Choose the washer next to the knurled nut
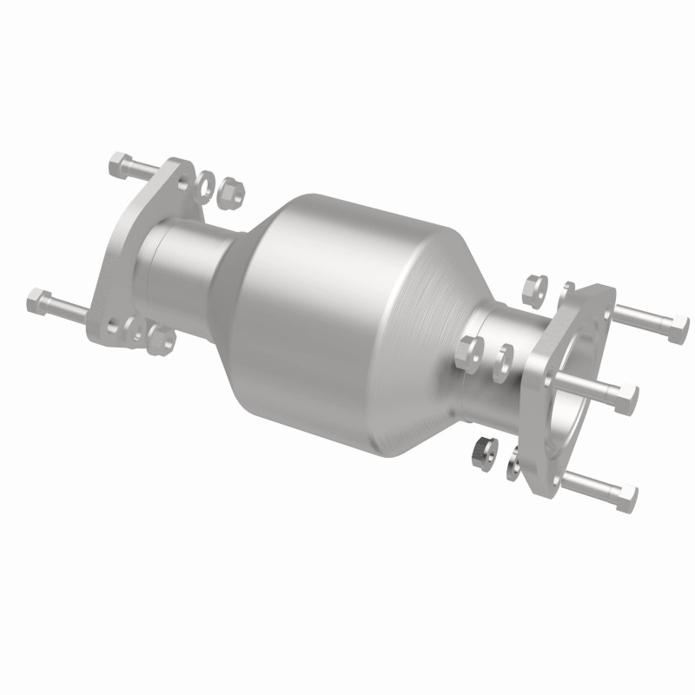tap(513, 462)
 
